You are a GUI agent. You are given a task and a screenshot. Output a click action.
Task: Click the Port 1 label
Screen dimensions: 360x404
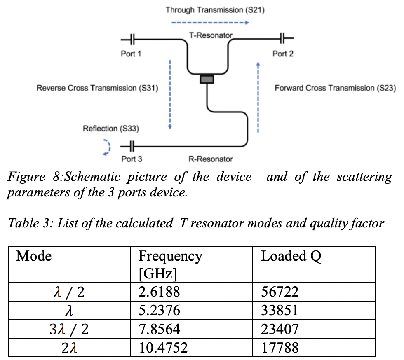(x=131, y=54)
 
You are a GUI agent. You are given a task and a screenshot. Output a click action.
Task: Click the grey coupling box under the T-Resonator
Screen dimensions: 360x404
(x=207, y=79)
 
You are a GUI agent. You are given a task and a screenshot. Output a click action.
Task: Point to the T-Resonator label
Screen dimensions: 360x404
(x=211, y=35)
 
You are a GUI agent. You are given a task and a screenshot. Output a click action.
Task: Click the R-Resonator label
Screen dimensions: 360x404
(x=211, y=159)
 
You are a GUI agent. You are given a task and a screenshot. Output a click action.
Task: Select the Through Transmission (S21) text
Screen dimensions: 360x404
(x=215, y=10)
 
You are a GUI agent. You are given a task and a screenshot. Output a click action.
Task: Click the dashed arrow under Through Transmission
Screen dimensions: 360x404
(x=210, y=23)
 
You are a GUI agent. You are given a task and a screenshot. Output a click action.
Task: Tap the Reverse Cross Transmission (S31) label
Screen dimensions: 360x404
(x=97, y=88)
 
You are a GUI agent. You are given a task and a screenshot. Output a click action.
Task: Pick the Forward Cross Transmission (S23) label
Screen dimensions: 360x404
(x=335, y=88)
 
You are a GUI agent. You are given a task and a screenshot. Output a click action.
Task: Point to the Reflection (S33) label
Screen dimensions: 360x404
(x=111, y=129)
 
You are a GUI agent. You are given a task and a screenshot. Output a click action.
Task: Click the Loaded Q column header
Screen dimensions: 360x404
(x=291, y=256)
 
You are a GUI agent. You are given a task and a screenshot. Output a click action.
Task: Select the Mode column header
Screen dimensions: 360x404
(x=34, y=256)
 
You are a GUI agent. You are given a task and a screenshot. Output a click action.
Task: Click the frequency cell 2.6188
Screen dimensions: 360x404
(x=159, y=292)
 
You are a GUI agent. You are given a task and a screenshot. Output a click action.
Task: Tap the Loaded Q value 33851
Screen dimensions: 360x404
(x=280, y=310)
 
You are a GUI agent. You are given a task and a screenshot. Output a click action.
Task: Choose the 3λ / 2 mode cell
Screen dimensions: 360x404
(x=69, y=330)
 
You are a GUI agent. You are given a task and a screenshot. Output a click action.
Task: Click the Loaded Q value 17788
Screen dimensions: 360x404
(x=280, y=348)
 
